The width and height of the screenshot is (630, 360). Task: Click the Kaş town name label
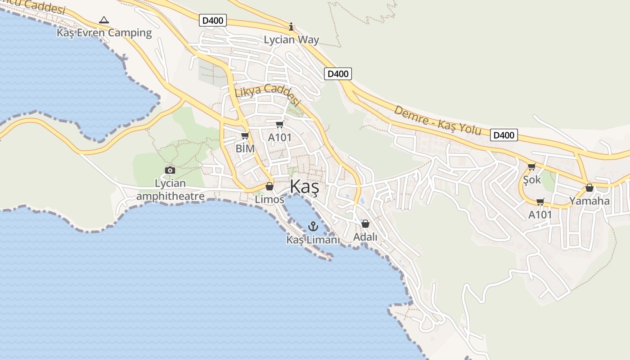[x=304, y=187]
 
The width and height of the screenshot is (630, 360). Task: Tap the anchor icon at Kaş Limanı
[x=313, y=226]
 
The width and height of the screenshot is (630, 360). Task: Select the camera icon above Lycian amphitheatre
[x=170, y=170]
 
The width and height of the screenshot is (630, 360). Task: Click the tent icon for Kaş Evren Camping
[x=104, y=20]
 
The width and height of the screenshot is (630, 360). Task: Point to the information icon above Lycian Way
[x=291, y=27]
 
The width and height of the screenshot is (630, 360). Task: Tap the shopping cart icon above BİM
[x=245, y=135]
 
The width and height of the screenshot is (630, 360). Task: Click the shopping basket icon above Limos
[x=270, y=186]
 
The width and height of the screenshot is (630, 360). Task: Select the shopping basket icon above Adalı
[x=365, y=223]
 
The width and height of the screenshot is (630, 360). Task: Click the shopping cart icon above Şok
[x=531, y=166]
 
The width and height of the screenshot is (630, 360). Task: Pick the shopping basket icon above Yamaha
[x=589, y=188]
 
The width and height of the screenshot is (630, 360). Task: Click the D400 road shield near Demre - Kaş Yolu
[x=504, y=135]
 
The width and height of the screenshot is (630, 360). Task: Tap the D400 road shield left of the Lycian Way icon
[x=213, y=20]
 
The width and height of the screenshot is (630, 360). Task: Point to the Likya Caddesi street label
[x=267, y=94]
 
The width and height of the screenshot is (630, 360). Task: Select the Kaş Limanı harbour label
[x=313, y=240]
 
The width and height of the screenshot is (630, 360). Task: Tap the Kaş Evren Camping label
[x=104, y=33]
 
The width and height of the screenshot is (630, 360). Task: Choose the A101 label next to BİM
[x=280, y=138]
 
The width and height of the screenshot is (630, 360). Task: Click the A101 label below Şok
[x=540, y=215]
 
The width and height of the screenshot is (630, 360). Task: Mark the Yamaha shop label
[x=589, y=201]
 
